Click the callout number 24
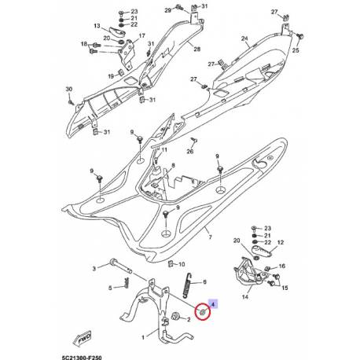click(244, 39)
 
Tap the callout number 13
click(98, 26)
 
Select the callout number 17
click(142, 37)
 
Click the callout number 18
click(83, 46)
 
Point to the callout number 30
click(68, 89)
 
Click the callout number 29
click(167, 10)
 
